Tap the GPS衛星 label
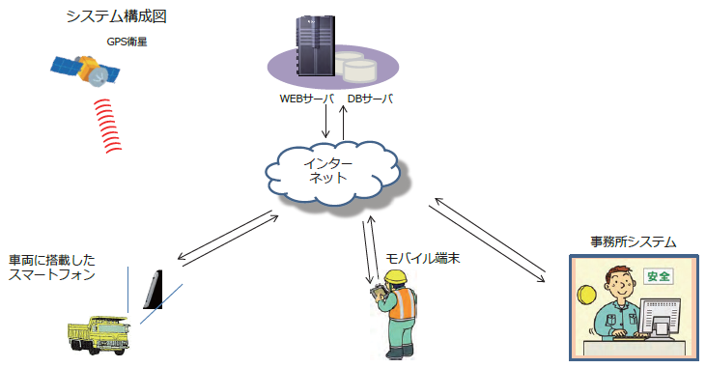point(127,42)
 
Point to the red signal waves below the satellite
point(114,124)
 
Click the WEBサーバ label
point(306,99)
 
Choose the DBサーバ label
point(371,99)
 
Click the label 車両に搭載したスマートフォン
point(53,268)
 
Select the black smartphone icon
point(154,290)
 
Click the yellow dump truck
point(100,332)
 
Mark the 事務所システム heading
point(633,241)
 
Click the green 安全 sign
point(658,275)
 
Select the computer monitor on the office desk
point(662,315)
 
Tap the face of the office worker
point(619,288)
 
